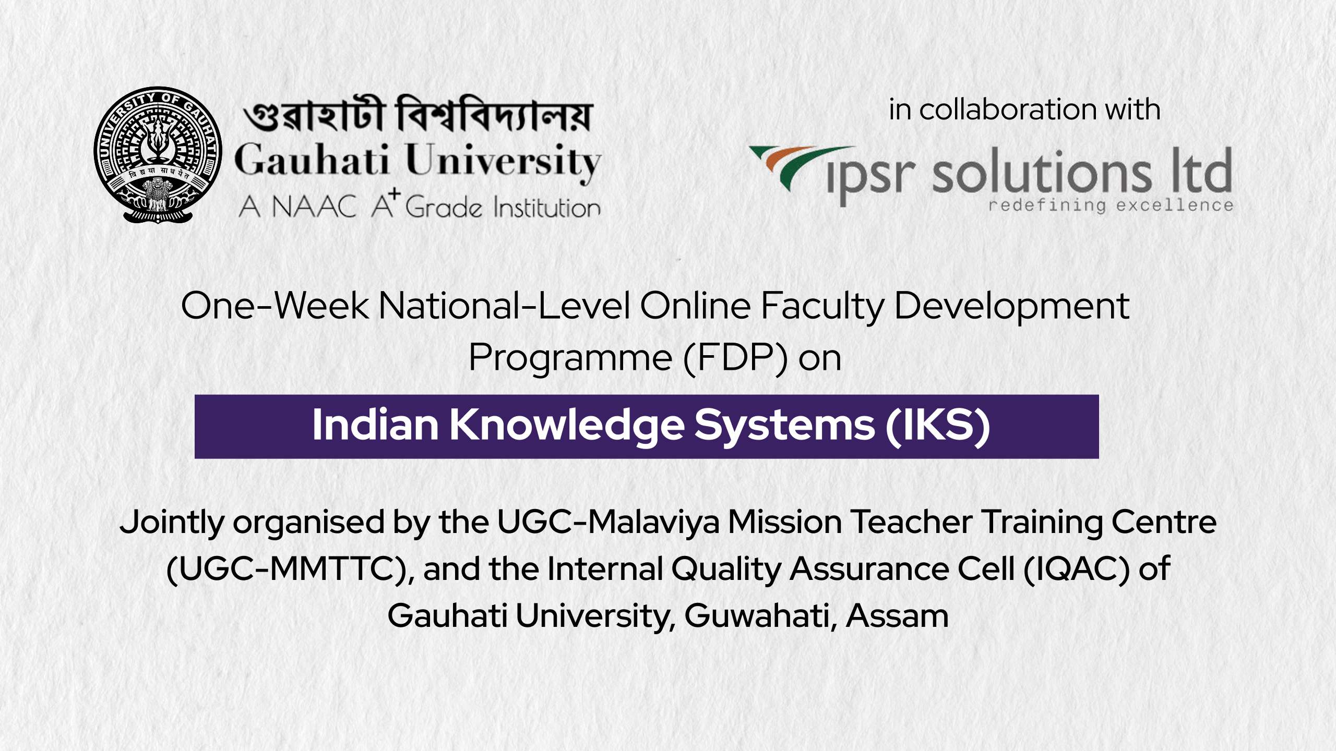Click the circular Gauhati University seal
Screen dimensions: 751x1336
click(x=158, y=155)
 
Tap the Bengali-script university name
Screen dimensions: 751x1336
click(x=417, y=115)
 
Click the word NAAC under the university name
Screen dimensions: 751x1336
click(x=314, y=207)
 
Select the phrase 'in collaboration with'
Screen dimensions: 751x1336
click(x=1024, y=110)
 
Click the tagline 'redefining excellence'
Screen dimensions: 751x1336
click(x=1111, y=205)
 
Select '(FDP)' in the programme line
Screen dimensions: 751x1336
click(x=735, y=358)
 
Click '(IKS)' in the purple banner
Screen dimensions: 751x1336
click(x=938, y=426)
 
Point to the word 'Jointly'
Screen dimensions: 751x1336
click(x=172, y=523)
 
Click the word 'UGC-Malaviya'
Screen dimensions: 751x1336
click(x=608, y=522)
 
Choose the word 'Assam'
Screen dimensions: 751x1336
click(x=897, y=616)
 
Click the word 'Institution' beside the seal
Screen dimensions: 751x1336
click(x=547, y=208)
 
